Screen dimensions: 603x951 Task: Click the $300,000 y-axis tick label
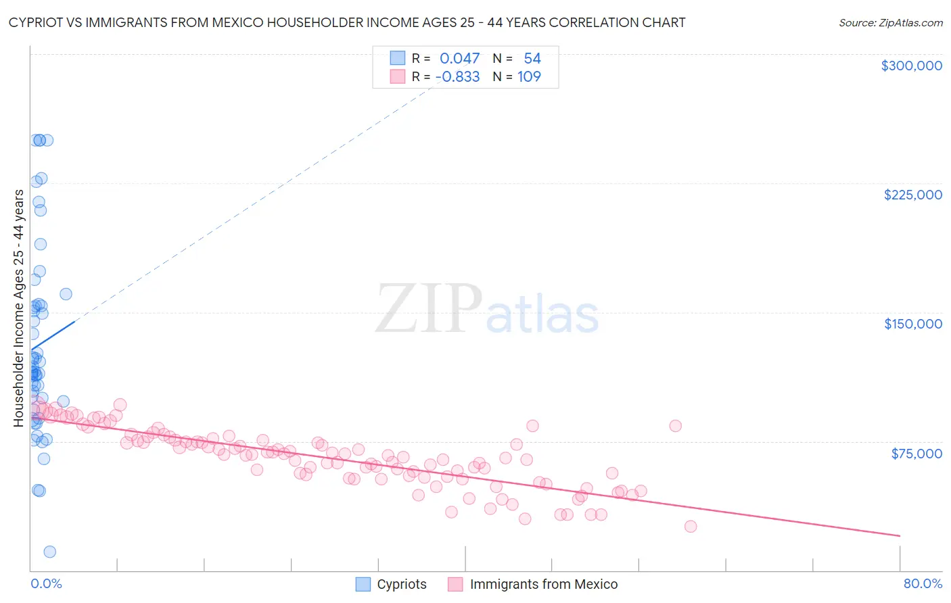[911, 66]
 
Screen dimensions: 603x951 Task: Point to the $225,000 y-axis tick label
[912, 195]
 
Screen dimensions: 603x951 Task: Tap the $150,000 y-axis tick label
[912, 324]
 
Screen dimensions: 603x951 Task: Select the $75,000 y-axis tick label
[917, 454]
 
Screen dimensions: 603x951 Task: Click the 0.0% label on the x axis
[46, 584]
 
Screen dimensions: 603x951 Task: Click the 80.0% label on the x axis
[923, 584]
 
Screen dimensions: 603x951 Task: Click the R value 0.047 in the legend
[459, 59]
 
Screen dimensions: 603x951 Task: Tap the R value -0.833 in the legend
[457, 77]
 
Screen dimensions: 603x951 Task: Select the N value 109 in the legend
[529, 77]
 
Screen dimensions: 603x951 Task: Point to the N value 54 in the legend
[532, 59]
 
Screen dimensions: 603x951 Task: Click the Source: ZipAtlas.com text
[890, 23]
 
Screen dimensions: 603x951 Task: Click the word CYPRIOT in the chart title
[39, 23]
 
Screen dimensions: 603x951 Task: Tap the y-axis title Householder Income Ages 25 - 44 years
[19, 308]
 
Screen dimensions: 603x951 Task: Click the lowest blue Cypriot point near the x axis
[49, 552]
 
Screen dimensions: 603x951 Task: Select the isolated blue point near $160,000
[66, 294]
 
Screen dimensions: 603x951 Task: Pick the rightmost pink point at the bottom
[690, 527]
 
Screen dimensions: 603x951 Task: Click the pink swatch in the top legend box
[397, 77]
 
